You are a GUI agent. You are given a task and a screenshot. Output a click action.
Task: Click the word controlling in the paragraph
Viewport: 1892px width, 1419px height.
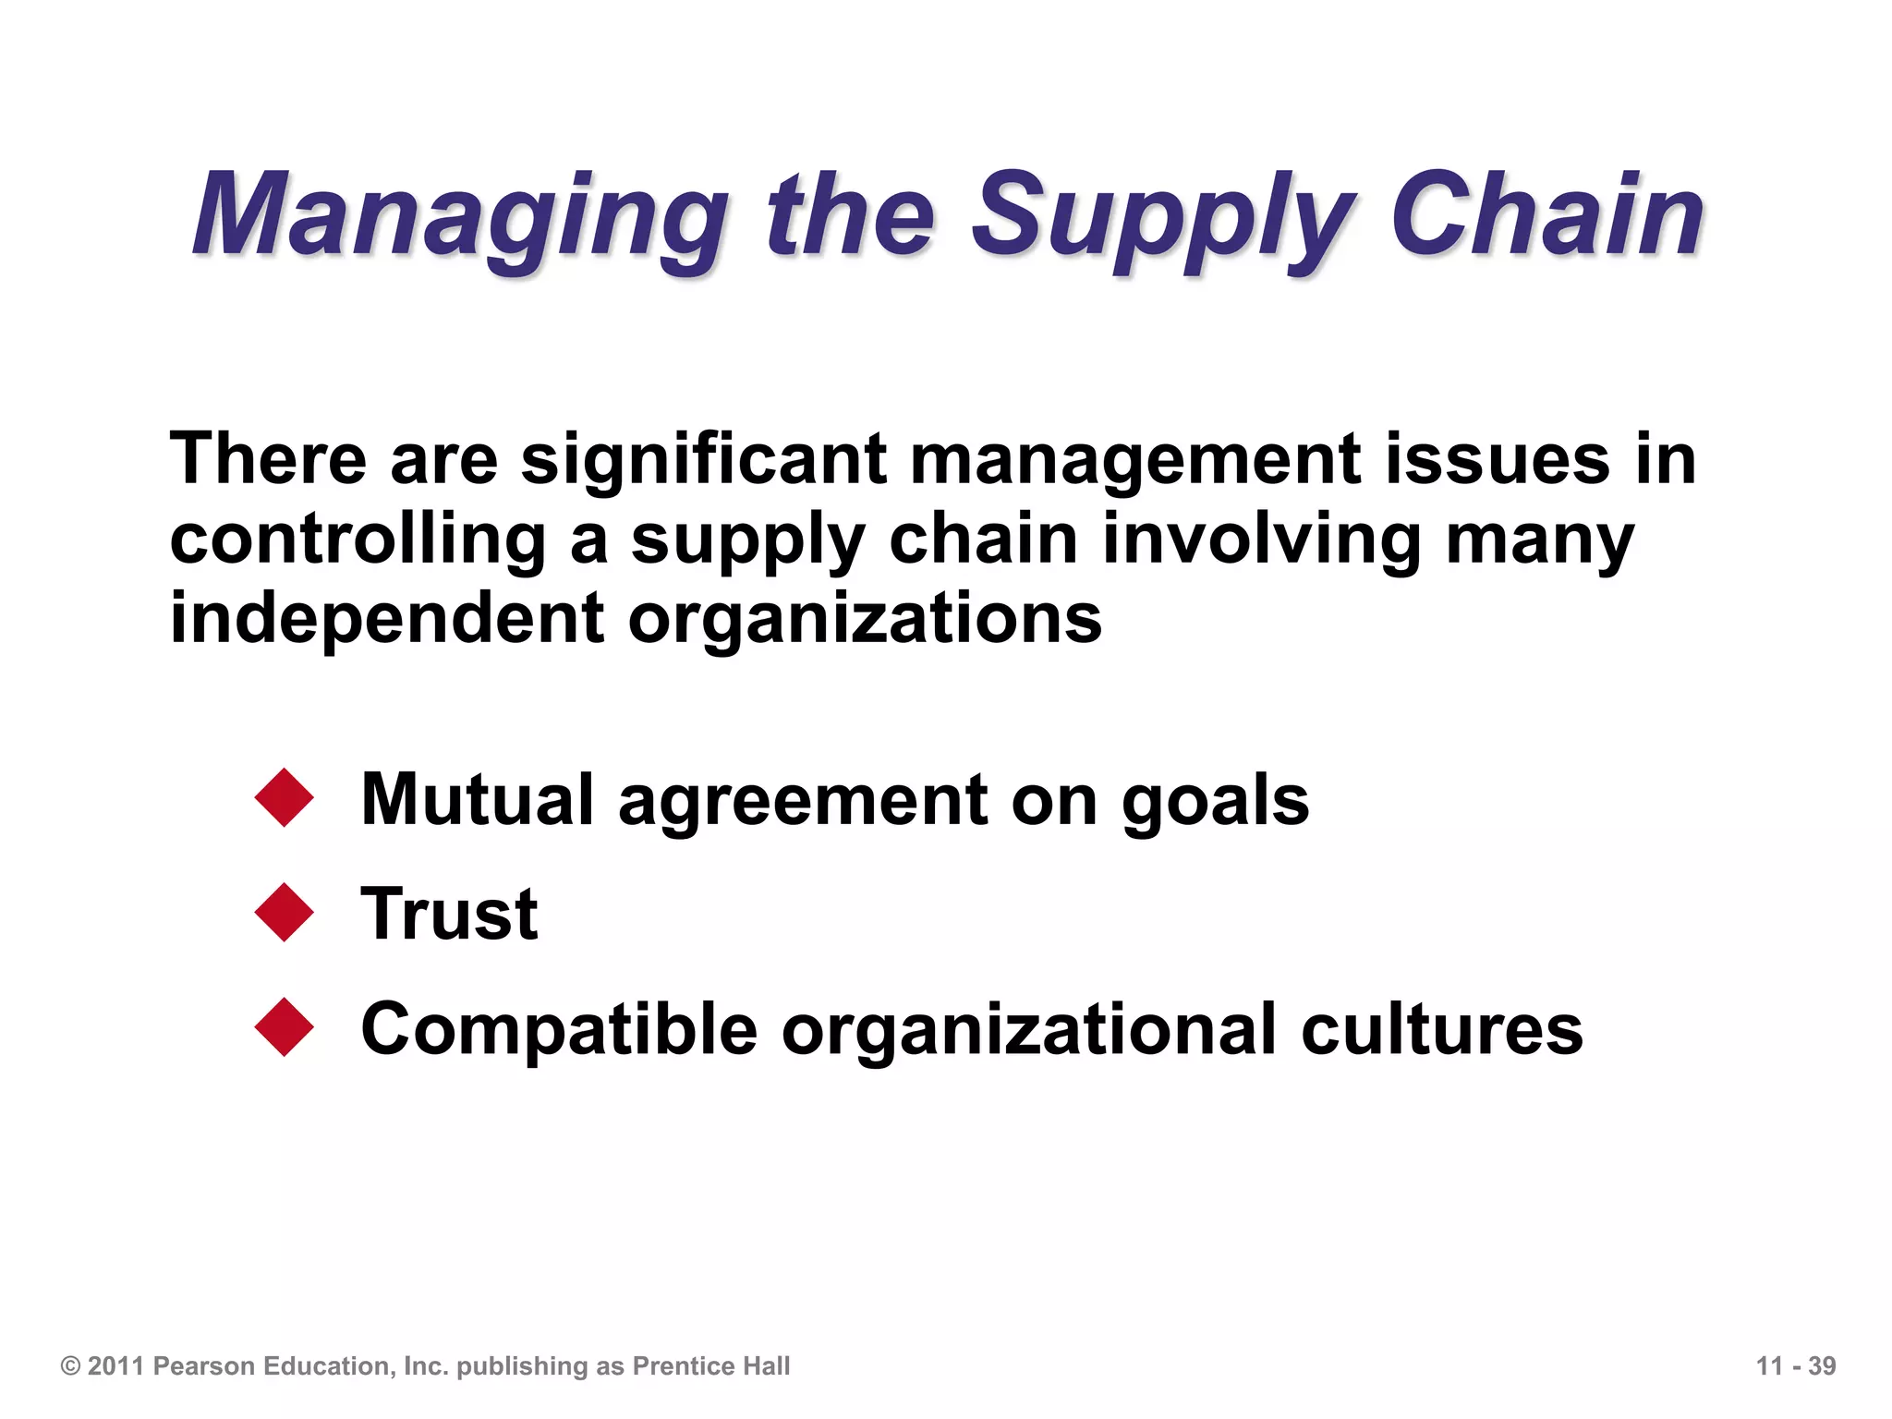pos(358,540)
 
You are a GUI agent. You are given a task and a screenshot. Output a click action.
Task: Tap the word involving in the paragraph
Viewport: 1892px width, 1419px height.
pos(1261,540)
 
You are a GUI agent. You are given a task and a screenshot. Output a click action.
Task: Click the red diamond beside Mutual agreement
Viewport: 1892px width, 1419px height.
pos(285,797)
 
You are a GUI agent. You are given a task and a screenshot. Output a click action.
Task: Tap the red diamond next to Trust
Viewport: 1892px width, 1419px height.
pos(285,913)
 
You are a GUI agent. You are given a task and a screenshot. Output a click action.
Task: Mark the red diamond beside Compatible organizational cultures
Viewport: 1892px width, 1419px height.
pos(285,1027)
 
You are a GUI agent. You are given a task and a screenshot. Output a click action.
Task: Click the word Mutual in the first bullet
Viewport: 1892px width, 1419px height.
pos(477,799)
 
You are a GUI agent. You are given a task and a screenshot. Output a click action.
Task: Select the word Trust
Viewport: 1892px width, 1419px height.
pos(449,914)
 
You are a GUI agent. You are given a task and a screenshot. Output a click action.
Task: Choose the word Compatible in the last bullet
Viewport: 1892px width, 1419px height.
pos(559,1030)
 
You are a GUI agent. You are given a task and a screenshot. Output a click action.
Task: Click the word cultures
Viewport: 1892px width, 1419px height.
pos(1441,1029)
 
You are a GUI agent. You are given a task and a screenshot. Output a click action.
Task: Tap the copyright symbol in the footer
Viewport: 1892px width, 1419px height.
pos(70,1366)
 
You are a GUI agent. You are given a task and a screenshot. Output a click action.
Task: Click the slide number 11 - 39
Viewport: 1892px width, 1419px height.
pos(1795,1366)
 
